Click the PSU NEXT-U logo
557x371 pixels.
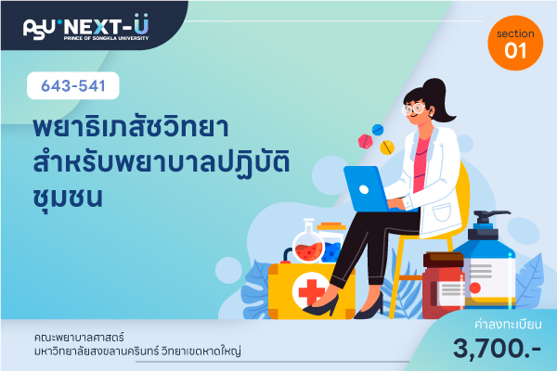(x=85, y=27)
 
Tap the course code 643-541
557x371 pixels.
(x=73, y=86)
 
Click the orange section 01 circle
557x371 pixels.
(x=515, y=43)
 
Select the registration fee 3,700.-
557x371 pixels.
(x=497, y=349)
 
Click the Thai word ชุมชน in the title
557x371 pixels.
(x=68, y=198)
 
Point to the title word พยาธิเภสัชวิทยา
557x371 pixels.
(x=131, y=127)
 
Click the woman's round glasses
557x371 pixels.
(x=414, y=109)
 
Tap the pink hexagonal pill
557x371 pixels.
(x=365, y=141)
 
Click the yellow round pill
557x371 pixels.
(x=387, y=147)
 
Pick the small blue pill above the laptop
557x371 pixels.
(x=378, y=130)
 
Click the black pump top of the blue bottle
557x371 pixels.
(x=486, y=224)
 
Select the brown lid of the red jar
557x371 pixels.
(x=444, y=260)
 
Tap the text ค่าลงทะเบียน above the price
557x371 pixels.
(x=508, y=324)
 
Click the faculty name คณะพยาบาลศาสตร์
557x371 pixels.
(x=79, y=337)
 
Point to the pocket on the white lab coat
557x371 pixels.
(x=442, y=213)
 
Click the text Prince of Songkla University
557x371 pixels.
(x=106, y=38)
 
